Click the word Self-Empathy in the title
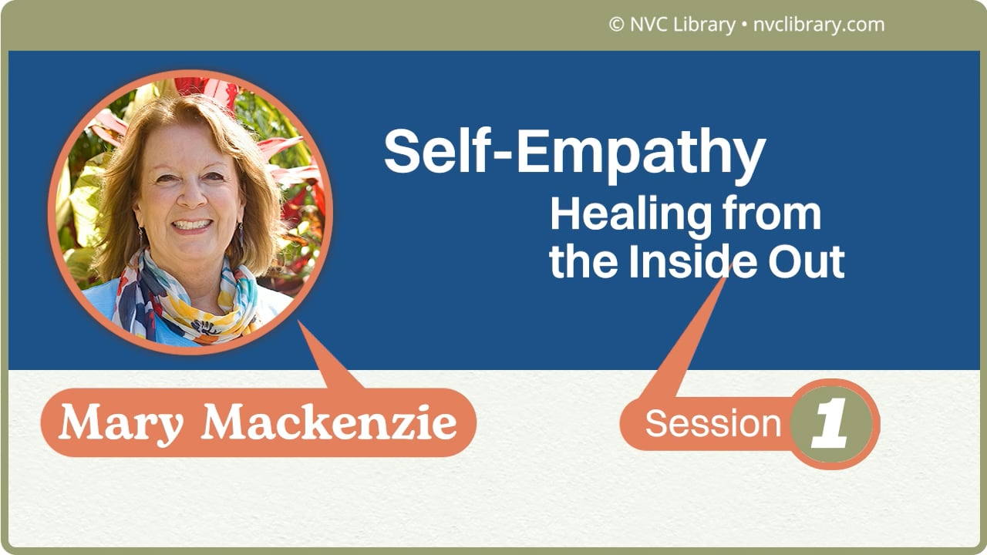coord(574,152)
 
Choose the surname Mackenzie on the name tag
coord(329,423)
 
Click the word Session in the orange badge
coord(712,423)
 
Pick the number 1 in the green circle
coord(832,425)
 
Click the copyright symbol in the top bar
coord(616,25)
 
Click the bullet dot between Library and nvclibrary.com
coord(743,25)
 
